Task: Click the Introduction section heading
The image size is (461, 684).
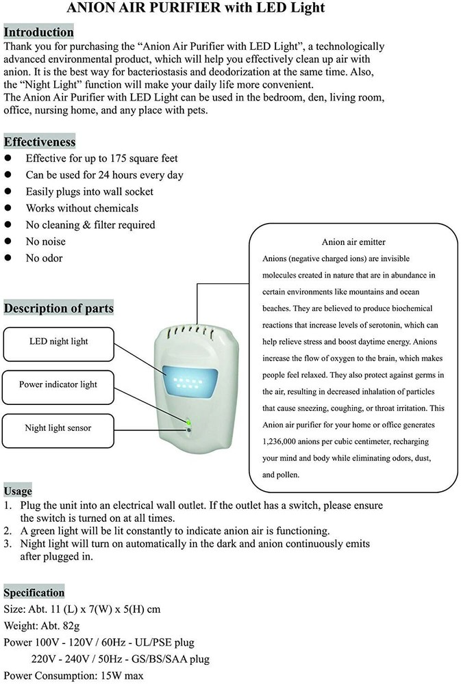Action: pyautogui.click(x=38, y=32)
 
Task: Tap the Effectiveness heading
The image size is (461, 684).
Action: pyautogui.click(x=40, y=142)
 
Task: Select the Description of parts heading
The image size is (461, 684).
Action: pyautogui.click(x=59, y=308)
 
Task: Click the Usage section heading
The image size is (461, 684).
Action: pyautogui.click(x=18, y=491)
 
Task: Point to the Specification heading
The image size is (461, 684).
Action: pyautogui.click(x=34, y=592)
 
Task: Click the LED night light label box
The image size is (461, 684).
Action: pyautogui.click(x=59, y=341)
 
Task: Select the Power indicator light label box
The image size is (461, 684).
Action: pyautogui.click(x=58, y=384)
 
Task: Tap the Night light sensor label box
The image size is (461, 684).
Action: pyautogui.click(x=58, y=428)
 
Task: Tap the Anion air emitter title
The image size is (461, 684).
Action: pyautogui.click(x=353, y=242)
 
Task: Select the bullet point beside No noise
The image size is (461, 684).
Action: pyautogui.click(x=9, y=241)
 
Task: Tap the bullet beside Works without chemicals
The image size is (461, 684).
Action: pyautogui.click(x=9, y=209)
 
